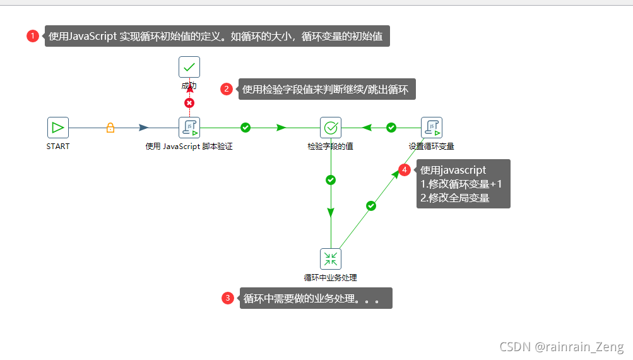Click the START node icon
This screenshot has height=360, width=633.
point(58,128)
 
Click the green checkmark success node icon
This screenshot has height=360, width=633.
point(189,67)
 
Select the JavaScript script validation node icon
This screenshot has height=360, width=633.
point(189,128)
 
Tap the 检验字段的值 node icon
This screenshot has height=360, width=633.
point(331,128)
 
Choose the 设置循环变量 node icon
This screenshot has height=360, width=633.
point(432,128)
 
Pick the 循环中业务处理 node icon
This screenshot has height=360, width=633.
point(331,258)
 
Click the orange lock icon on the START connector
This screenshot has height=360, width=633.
point(110,128)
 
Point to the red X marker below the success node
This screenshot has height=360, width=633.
point(189,103)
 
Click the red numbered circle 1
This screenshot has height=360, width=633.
point(33,36)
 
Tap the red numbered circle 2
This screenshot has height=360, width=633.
point(227,89)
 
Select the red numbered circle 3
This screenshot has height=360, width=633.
point(228,299)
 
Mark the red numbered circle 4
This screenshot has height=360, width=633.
point(405,170)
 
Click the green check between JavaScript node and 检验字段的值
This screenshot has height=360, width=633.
point(246,128)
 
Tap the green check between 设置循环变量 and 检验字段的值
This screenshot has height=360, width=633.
point(391,128)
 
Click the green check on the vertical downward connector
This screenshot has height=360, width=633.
point(331,180)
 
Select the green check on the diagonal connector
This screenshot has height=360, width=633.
point(371,205)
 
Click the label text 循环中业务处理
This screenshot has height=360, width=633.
point(331,277)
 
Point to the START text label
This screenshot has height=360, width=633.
point(58,147)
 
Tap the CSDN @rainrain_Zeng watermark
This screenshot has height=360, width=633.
point(561,347)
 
